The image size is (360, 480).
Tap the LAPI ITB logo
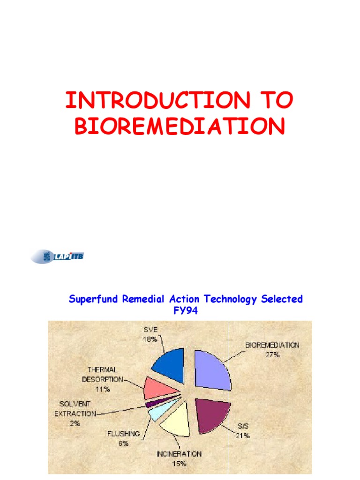(58, 256)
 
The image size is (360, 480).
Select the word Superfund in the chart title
(94, 299)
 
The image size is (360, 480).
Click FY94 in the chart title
(186, 311)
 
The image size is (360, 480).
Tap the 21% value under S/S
(242, 435)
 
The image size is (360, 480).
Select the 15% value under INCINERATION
(179, 464)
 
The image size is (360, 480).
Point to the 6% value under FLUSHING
(124, 443)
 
